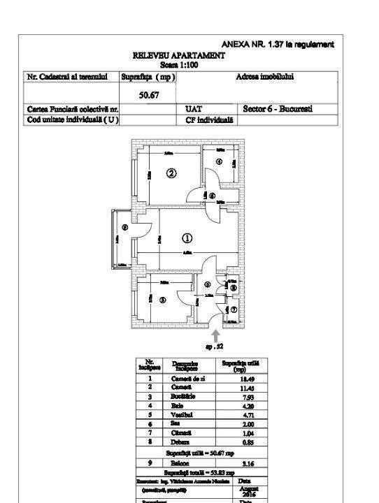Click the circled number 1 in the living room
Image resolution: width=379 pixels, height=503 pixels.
(x=188, y=237)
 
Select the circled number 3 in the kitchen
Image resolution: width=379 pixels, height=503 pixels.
(x=162, y=300)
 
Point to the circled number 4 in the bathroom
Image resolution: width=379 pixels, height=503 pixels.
(x=219, y=162)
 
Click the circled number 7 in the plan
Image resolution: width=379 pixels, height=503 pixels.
(x=234, y=309)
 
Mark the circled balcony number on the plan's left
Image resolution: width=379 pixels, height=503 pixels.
(x=124, y=227)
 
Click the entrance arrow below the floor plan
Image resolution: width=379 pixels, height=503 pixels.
(x=215, y=335)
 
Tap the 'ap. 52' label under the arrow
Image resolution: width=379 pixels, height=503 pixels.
(x=214, y=346)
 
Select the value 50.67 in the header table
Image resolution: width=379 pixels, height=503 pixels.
(x=147, y=95)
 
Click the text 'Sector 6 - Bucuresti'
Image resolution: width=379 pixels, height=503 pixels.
(x=278, y=109)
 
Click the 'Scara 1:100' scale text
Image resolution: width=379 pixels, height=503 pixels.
(x=179, y=64)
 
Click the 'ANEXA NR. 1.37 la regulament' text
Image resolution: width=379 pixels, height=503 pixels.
(x=278, y=44)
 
